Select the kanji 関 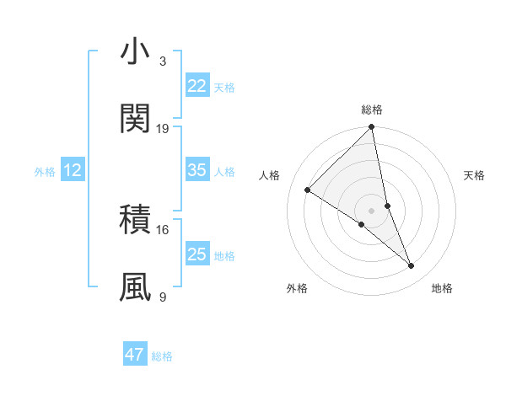click(135, 119)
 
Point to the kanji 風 click(135, 286)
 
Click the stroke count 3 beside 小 click(162, 62)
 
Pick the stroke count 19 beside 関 click(163, 128)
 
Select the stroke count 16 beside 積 click(163, 228)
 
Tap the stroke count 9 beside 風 click(163, 296)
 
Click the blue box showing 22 click(197, 86)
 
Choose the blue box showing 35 click(197, 170)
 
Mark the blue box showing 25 click(197, 254)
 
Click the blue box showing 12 click(73, 170)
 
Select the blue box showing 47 click(135, 355)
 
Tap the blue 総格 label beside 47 click(162, 356)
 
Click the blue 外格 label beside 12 click(45, 172)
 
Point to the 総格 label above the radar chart click(372, 110)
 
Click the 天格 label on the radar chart click(474, 175)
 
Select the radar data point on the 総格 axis click(372, 128)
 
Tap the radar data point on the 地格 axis click(412, 265)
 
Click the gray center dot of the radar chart click(372, 210)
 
